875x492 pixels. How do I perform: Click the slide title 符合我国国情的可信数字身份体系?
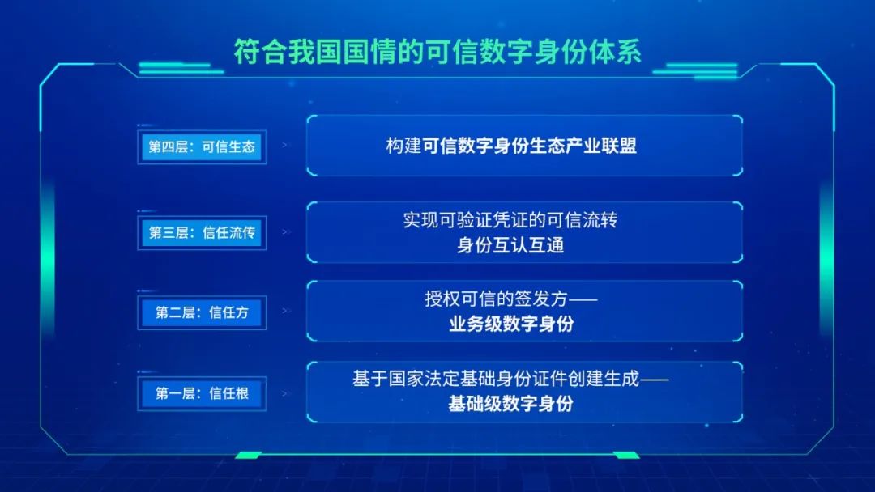pos(437,52)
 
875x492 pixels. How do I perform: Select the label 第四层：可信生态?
pos(202,146)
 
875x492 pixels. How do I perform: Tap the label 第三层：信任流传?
pos(202,232)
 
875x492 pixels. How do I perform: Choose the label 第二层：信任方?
pos(202,312)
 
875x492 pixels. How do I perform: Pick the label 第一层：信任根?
pos(202,393)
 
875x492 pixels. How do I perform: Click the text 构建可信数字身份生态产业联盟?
pos(511,146)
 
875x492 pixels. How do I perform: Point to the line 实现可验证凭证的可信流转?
pos(510,220)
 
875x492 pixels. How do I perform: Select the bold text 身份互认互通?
pos(510,244)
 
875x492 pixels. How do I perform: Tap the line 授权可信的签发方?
pos(496,299)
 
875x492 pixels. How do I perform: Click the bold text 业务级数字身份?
pos(511,324)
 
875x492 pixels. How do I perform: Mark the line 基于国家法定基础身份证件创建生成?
pos(496,379)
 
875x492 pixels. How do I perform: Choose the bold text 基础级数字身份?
pos(511,404)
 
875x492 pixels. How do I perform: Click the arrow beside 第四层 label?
pos(286,145)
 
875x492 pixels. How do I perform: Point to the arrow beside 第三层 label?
pos(286,231)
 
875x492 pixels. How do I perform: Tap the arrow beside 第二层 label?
pos(286,311)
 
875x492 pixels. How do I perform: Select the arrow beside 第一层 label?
pos(286,393)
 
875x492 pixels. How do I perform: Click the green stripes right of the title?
pos(695,70)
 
